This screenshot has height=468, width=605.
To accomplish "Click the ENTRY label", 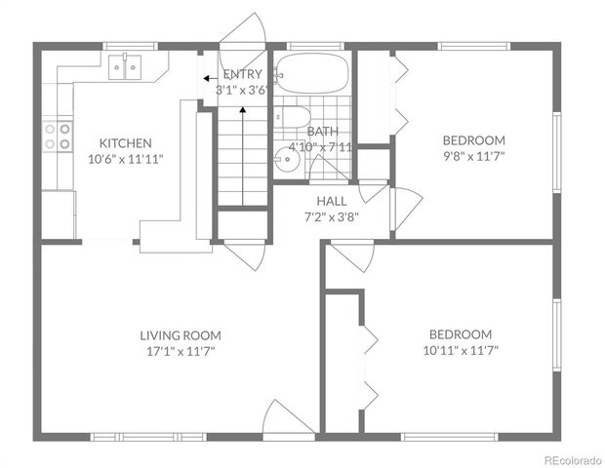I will click(x=241, y=75).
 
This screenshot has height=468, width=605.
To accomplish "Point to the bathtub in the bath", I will click(x=310, y=72).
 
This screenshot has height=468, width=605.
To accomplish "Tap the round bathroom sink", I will click(x=286, y=163).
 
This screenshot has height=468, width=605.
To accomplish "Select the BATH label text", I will click(x=323, y=132).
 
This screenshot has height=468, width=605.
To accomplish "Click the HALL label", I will click(x=332, y=202).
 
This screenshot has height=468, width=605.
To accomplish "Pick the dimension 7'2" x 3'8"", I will click(x=332, y=217).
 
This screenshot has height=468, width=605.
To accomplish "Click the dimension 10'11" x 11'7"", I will click(x=458, y=349).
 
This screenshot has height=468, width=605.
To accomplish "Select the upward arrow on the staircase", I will click(x=242, y=113).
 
